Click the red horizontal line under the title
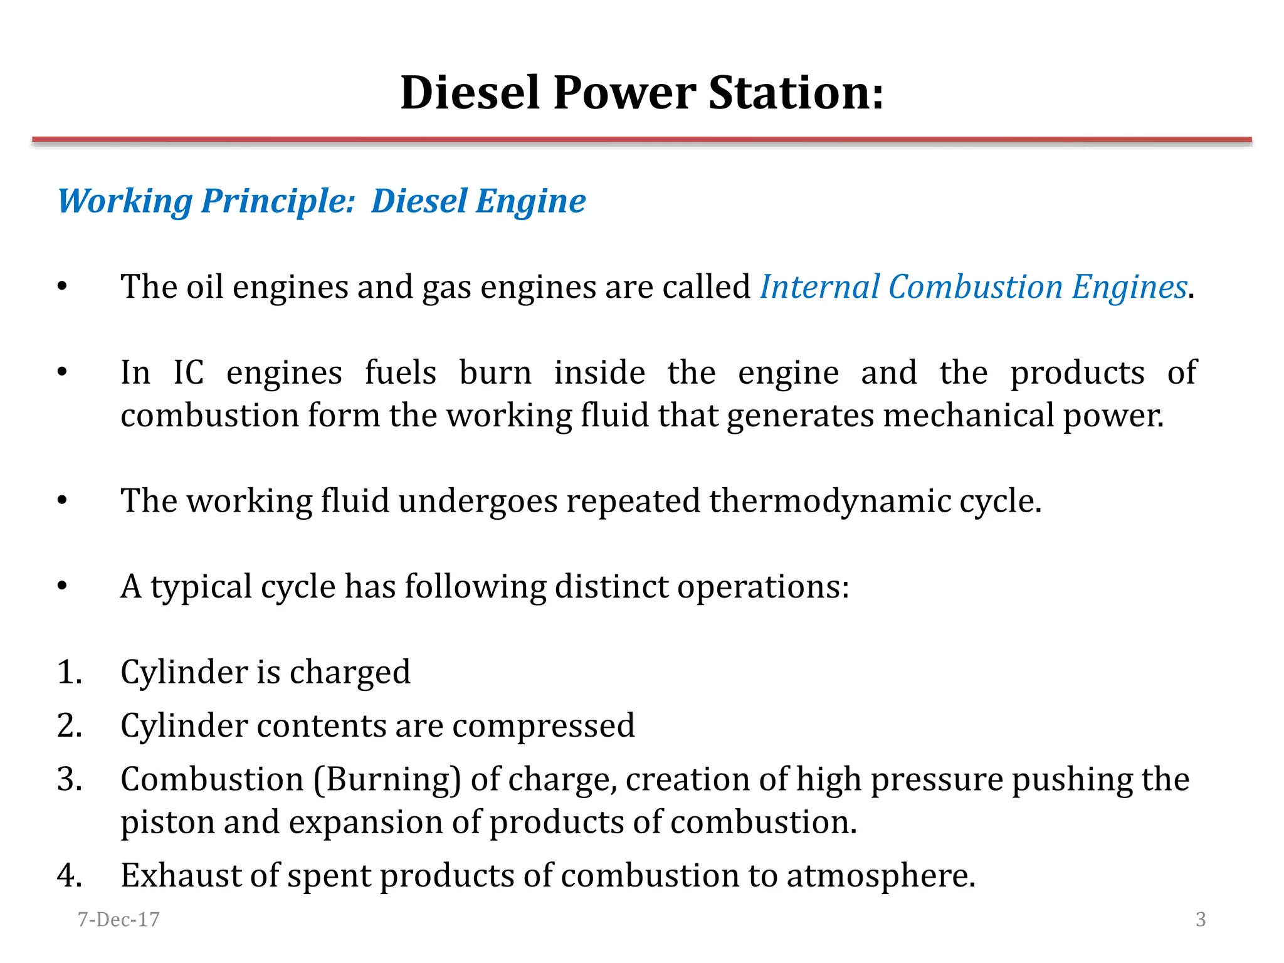click(642, 140)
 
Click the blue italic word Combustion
click(976, 287)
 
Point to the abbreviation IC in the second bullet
click(188, 373)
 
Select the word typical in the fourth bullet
click(201, 587)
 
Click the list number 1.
click(69, 672)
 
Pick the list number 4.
click(69, 875)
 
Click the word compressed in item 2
click(544, 727)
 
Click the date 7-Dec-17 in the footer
click(118, 919)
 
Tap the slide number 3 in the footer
click(1201, 919)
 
